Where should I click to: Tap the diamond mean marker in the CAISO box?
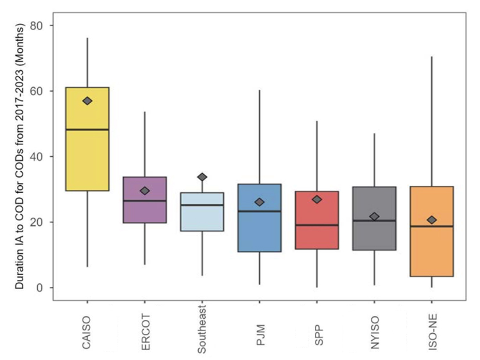click(87, 100)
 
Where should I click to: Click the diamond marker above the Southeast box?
click(202, 177)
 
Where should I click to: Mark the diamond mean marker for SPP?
click(317, 200)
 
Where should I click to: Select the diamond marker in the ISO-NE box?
click(432, 220)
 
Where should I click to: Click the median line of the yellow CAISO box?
click(87, 129)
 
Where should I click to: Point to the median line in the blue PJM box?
click(260, 211)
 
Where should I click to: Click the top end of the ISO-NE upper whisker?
click(432, 57)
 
